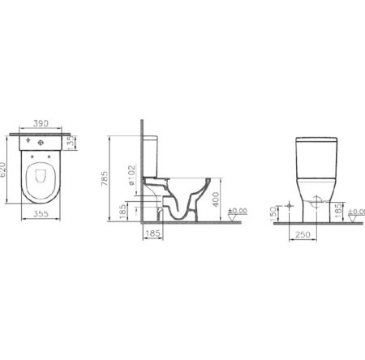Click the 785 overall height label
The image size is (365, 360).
pos(104,179)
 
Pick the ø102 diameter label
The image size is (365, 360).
pos(132,178)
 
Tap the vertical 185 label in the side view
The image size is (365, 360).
pos(123,213)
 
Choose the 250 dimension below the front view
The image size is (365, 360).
pos(303,234)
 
